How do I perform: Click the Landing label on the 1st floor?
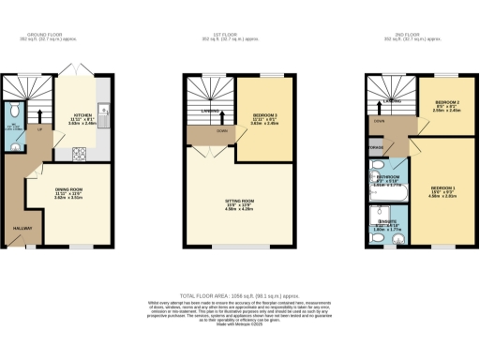tap(205, 112)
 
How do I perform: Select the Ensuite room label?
tap(386, 223)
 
